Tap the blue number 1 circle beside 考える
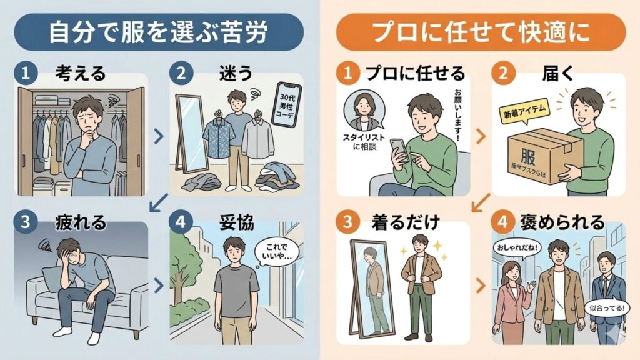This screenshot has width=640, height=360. tap(25, 73)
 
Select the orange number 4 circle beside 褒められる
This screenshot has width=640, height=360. tap(504, 222)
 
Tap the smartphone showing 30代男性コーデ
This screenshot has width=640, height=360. tap(287, 107)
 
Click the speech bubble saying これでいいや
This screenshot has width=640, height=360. tap(277, 254)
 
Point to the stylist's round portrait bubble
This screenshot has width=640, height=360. tap(363, 112)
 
